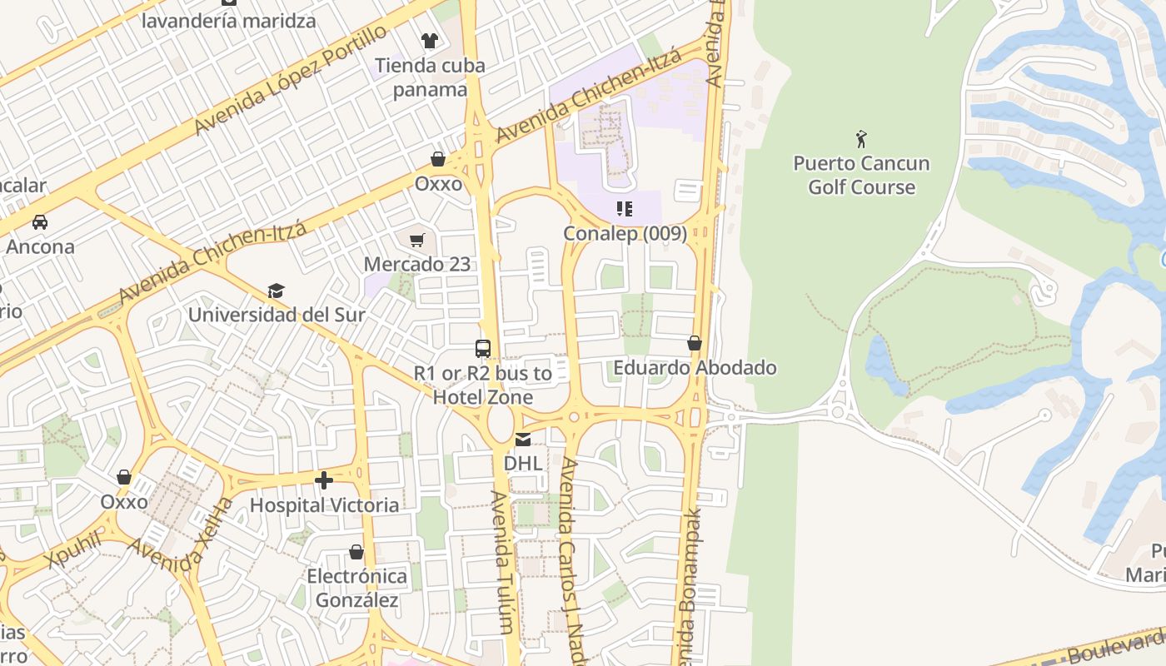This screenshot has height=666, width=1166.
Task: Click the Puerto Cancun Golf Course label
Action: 861,175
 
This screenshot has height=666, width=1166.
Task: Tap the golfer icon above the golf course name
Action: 861,138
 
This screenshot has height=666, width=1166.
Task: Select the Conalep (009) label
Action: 625,233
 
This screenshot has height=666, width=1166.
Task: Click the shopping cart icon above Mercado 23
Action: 417,241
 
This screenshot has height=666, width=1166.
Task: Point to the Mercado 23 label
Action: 417,264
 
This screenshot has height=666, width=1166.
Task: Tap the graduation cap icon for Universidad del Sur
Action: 276,291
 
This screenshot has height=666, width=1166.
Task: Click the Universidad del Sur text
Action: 277,315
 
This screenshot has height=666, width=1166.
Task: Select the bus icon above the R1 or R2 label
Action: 483,349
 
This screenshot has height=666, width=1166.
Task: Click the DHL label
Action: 523,462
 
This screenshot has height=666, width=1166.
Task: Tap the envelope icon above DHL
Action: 523,440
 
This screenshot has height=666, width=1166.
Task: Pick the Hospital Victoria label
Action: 324,504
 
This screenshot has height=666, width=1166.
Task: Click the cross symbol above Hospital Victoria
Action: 324,480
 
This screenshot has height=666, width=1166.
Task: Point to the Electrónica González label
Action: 356,588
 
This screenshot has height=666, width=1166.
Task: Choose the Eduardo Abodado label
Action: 695,367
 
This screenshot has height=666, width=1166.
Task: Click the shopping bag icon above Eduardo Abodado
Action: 695,343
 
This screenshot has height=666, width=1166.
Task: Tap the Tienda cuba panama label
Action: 429,77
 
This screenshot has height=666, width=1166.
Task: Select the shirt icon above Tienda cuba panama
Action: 429,40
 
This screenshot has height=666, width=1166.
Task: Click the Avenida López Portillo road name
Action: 291,80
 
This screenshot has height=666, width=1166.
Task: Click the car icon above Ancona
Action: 39,222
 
